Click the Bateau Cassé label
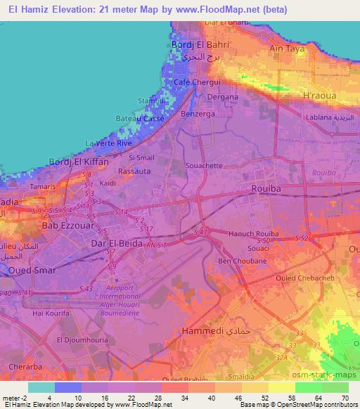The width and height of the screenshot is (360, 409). pyautogui.click(x=140, y=119)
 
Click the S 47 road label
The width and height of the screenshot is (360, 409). pyautogui.click(x=201, y=231)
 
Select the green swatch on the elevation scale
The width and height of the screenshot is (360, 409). pyautogui.click(x=321, y=387)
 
